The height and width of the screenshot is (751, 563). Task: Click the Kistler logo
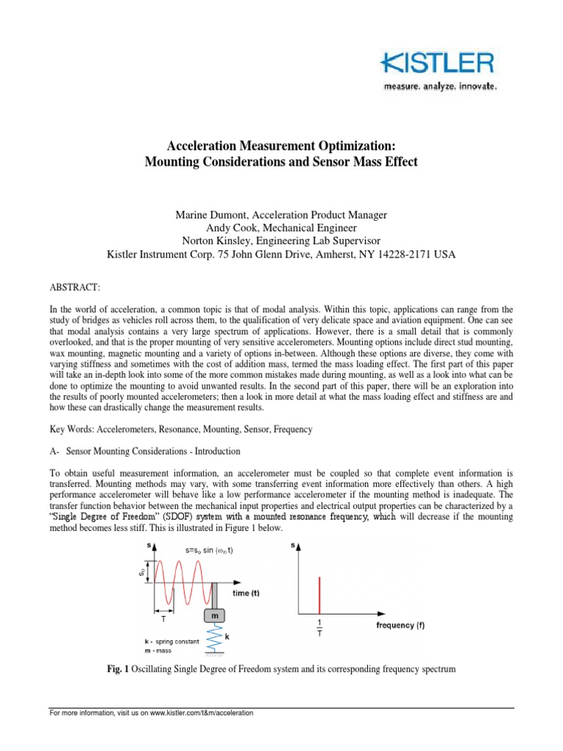438,64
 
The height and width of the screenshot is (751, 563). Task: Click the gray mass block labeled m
215,617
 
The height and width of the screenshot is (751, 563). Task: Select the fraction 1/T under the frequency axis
320,629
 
